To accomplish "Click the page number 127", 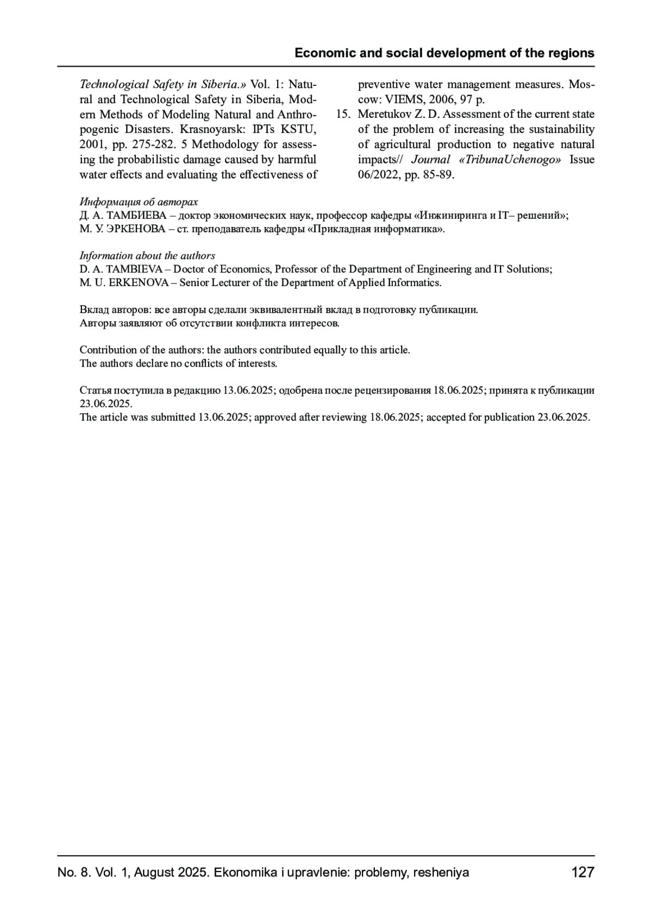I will coord(583,873).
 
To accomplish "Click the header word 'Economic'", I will coord(321,53).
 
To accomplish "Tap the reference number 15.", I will coord(343,115).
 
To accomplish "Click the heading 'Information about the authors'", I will coord(147,256).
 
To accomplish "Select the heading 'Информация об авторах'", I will coord(139,202).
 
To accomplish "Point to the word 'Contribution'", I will coord(108,350).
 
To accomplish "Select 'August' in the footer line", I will coord(151,873).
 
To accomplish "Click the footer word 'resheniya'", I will coord(441,873).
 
